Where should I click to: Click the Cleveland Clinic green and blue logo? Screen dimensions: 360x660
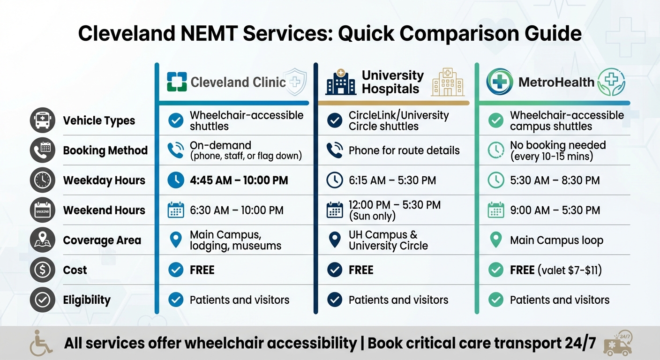(177, 82)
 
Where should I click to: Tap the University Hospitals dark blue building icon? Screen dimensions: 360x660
(341, 82)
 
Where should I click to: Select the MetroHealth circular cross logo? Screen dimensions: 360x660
(499, 82)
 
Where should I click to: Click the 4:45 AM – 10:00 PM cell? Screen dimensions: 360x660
(239, 180)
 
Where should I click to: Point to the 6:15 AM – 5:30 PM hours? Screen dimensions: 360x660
(392, 180)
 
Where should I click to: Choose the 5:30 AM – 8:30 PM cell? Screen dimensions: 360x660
(555, 180)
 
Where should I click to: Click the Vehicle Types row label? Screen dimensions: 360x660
(99, 120)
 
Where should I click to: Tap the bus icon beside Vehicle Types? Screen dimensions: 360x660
(42, 120)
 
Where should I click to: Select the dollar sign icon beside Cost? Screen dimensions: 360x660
(42, 270)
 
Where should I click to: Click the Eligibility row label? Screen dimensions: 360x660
(87, 300)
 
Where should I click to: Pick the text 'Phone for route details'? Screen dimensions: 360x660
(404, 150)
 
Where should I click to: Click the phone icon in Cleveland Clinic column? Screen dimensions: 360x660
(175, 150)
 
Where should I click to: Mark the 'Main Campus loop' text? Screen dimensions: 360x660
(556, 240)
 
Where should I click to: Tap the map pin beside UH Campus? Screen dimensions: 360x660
(334, 240)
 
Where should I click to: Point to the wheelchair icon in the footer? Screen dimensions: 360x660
(41, 343)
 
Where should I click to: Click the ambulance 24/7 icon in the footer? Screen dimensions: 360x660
(619, 343)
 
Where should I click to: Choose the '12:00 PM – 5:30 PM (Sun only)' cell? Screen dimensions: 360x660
(394, 210)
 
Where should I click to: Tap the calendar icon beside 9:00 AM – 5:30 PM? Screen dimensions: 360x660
(495, 210)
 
